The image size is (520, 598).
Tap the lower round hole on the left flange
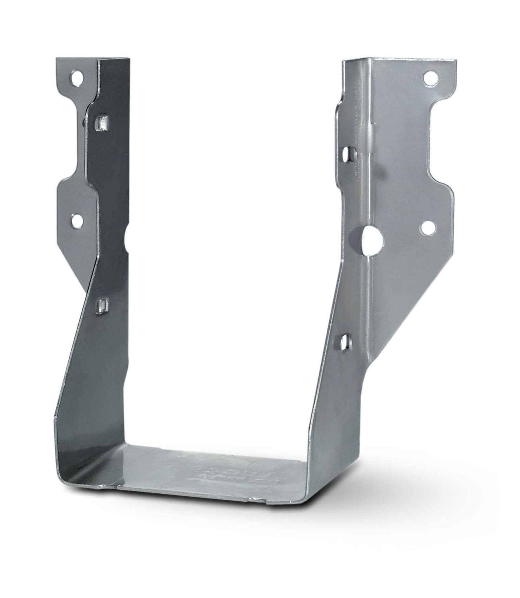pos(77,220)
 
